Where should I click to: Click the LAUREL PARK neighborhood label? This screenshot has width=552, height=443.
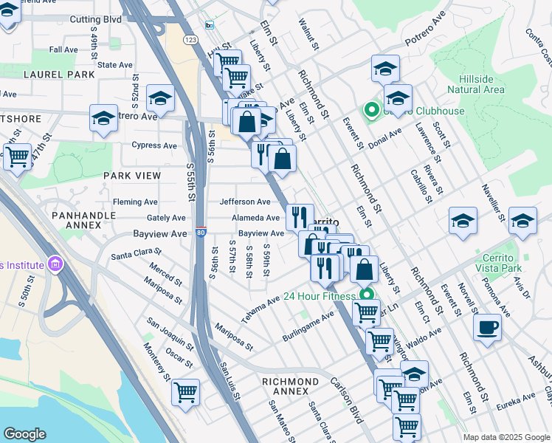coord(59,75)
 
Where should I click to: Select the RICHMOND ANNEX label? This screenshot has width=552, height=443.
coord(291,382)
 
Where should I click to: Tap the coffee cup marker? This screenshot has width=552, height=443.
coord(487,326)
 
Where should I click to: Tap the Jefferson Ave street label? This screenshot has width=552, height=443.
coord(245,202)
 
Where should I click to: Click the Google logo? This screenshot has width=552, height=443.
coord(25,433)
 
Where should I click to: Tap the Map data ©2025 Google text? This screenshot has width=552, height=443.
coord(506,437)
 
